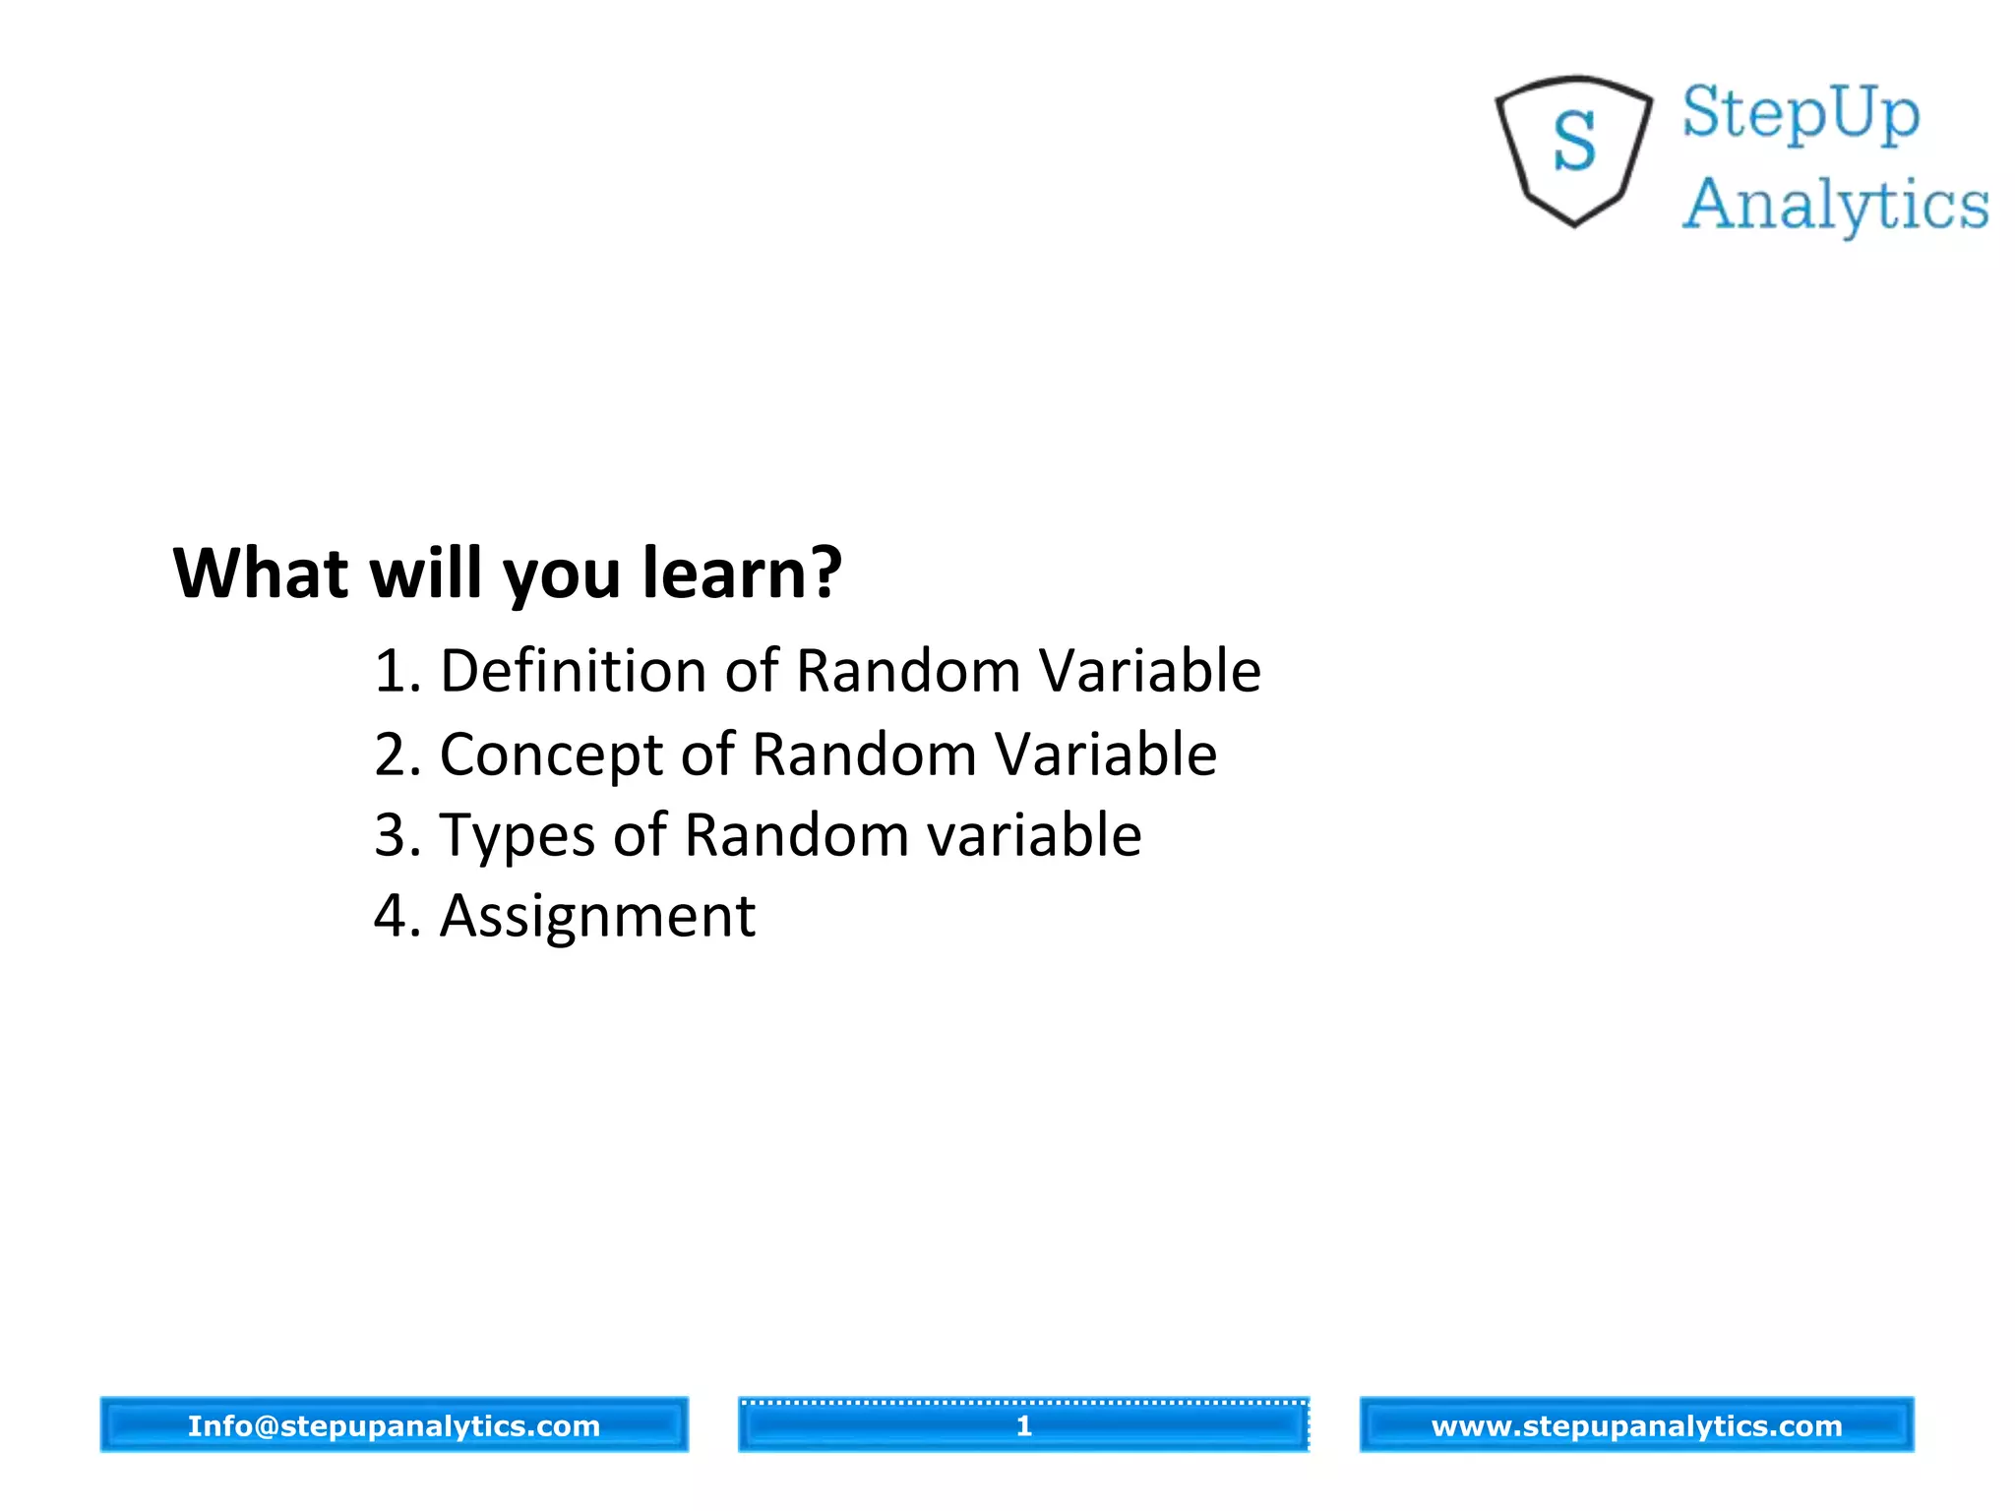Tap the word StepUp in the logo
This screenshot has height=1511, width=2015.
(x=1801, y=114)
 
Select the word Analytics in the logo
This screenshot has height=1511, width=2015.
(x=1835, y=205)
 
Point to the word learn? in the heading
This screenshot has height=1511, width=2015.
(x=742, y=573)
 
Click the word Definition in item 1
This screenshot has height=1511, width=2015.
(x=573, y=672)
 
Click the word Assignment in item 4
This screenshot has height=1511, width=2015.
(x=597, y=917)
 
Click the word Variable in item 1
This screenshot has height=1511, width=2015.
(x=1150, y=672)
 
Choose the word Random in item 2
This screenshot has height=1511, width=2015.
(x=864, y=755)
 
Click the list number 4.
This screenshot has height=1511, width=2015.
(x=390, y=917)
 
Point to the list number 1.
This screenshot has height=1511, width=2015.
(x=390, y=672)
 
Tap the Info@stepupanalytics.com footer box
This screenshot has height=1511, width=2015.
(x=394, y=1424)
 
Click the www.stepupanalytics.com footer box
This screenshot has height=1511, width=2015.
(x=1636, y=1424)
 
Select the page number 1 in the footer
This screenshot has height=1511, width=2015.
(x=1023, y=1425)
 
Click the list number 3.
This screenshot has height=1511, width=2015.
(x=390, y=836)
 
